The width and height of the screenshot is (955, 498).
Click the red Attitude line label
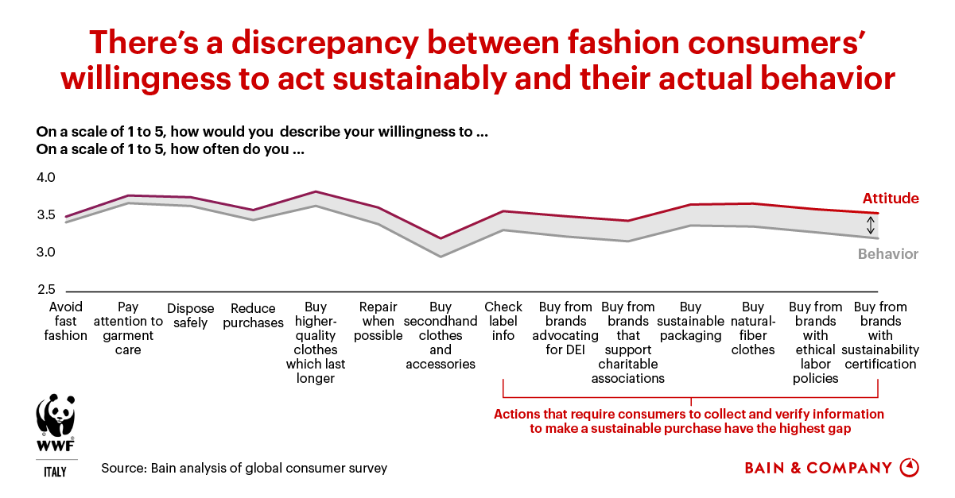pos(891,199)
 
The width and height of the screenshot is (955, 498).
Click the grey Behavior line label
pos(888,254)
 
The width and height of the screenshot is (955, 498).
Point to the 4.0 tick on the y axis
pos(45,179)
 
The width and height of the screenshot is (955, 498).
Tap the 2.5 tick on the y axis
pos(45,291)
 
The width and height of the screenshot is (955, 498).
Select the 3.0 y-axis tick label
pos(45,253)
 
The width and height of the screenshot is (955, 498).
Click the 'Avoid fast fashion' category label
pos(66,321)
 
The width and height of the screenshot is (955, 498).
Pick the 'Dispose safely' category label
pos(188,315)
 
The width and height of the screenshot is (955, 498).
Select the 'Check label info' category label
pos(503,321)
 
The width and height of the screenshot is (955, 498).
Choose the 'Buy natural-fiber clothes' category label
pos(752,328)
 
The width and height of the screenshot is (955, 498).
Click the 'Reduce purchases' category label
pos(253,315)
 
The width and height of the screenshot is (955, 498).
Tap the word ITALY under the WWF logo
pos(55,473)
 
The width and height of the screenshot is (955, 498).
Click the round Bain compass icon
pos(909,467)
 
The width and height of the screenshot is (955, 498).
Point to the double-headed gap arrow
pos(871,225)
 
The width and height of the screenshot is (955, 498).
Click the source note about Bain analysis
pos(244,468)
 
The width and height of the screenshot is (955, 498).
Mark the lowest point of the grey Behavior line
pos(441,257)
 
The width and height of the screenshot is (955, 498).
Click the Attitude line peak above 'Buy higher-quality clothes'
pos(316,191)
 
